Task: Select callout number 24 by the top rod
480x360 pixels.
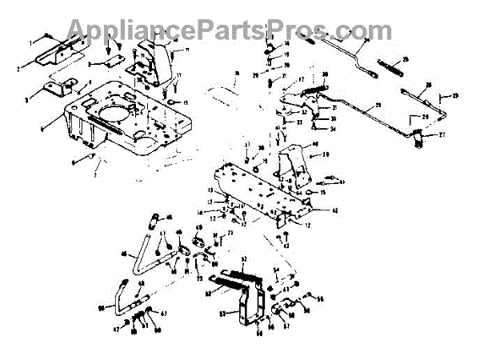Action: pyautogui.click(x=366, y=40)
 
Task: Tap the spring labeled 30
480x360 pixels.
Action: pyautogui.click(x=311, y=89)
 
